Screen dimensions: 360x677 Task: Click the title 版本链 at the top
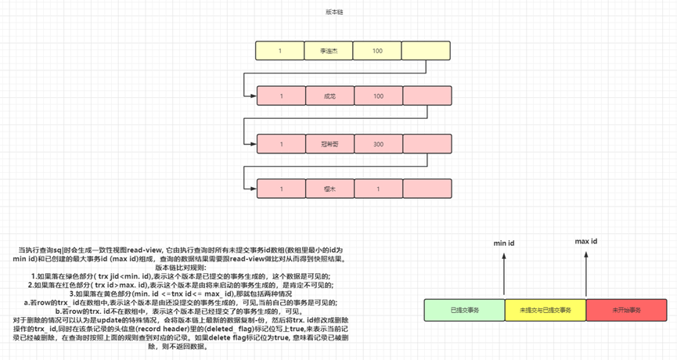334,13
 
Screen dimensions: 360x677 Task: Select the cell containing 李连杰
328,51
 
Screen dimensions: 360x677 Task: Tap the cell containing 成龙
328,96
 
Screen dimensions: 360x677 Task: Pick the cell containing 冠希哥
328,144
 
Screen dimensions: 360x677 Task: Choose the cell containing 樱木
328,189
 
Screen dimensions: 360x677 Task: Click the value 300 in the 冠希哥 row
378,144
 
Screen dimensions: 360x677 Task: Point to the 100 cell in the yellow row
378,51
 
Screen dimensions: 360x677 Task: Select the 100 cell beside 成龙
378,96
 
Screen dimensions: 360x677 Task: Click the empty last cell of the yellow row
427,51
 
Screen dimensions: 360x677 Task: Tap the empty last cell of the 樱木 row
427,189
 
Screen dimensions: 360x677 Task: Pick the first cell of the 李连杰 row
279,51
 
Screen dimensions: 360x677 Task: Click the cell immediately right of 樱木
378,189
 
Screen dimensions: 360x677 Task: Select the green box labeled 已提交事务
465,310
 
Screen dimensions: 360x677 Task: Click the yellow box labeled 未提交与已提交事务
546,310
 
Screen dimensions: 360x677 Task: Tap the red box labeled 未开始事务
627,310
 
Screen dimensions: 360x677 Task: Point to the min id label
503,243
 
